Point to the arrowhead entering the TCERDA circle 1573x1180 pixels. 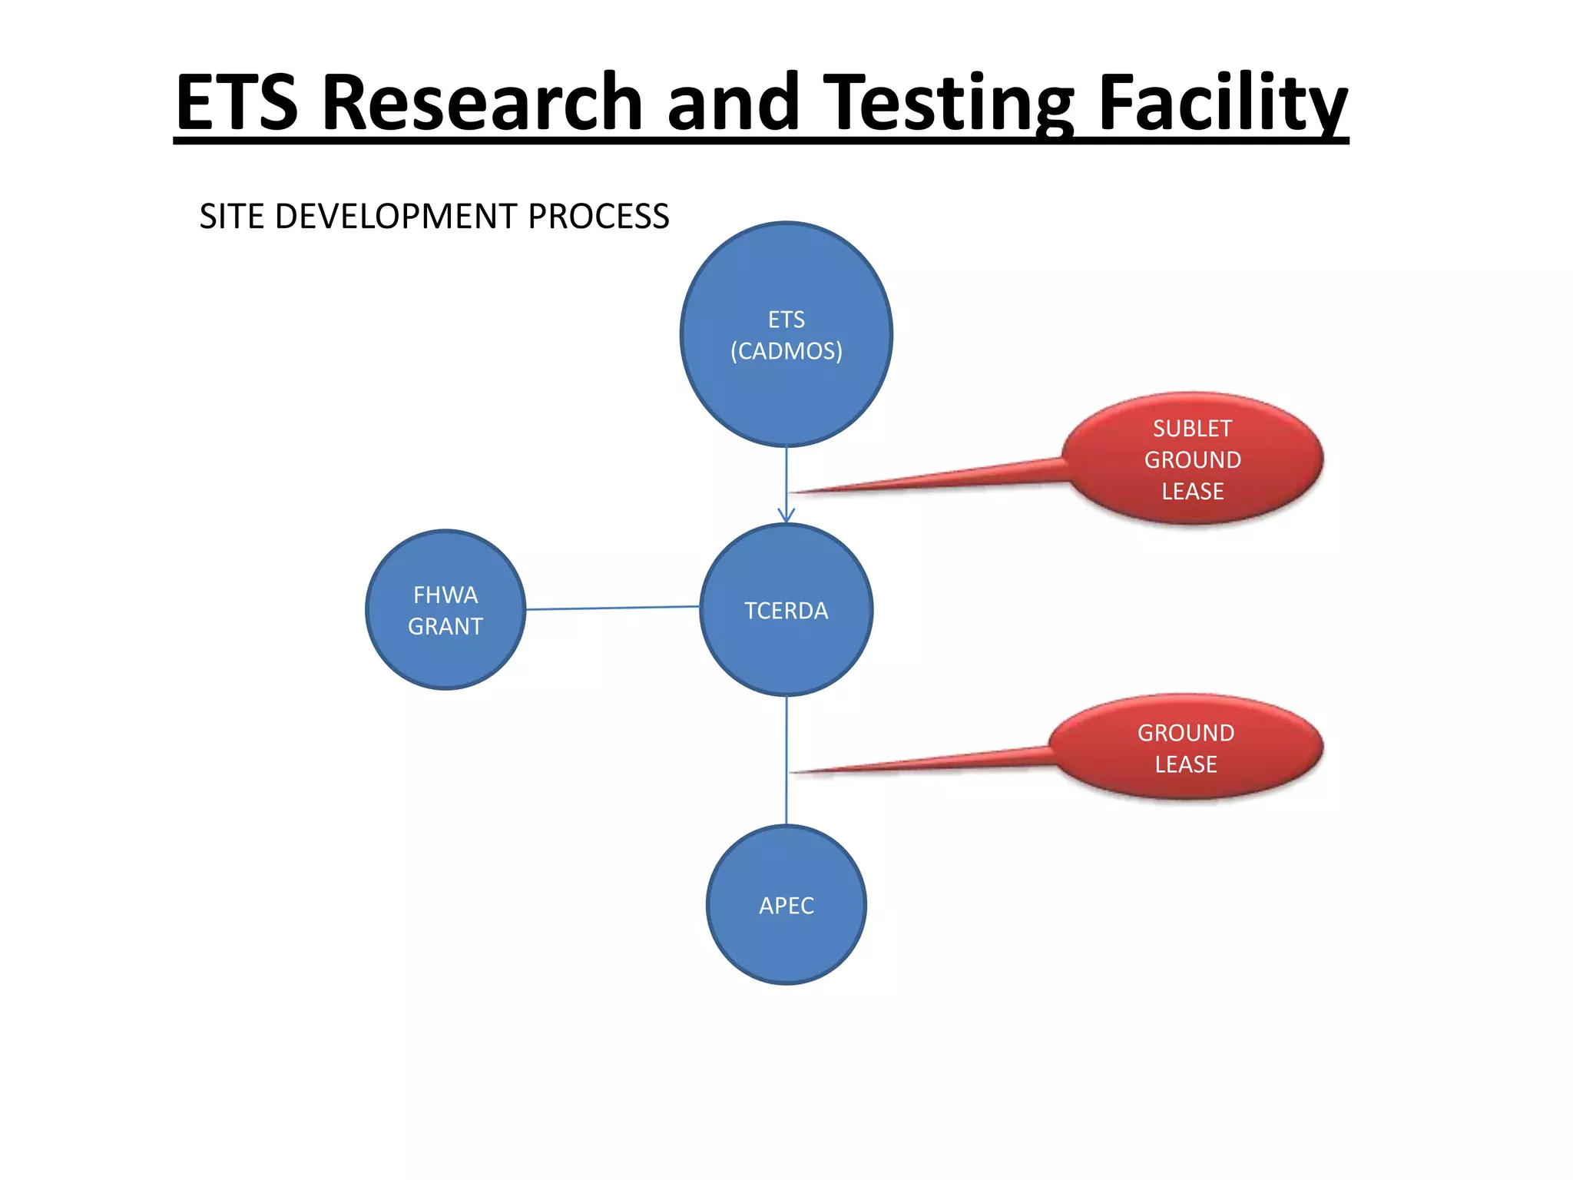[x=786, y=515]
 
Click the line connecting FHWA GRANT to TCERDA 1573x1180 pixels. [x=612, y=608]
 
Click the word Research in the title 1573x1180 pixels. [x=482, y=102]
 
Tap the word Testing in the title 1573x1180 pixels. [x=949, y=102]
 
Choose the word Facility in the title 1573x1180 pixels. [x=1222, y=102]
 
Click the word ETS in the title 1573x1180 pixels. [x=237, y=102]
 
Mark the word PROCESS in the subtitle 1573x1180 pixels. [x=598, y=217]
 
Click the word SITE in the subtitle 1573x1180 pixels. [x=232, y=217]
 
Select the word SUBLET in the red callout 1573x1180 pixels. [x=1192, y=429]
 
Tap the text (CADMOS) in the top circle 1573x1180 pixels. [x=786, y=351]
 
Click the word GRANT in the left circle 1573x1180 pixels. [x=445, y=627]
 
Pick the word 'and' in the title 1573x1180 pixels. [x=733, y=102]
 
